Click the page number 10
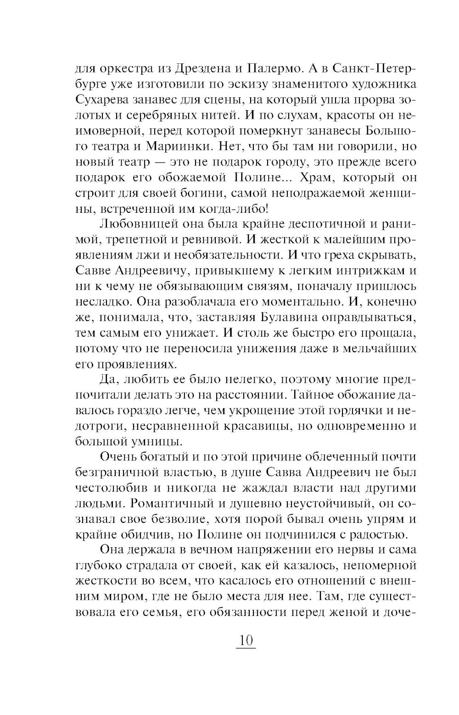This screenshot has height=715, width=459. point(245,640)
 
